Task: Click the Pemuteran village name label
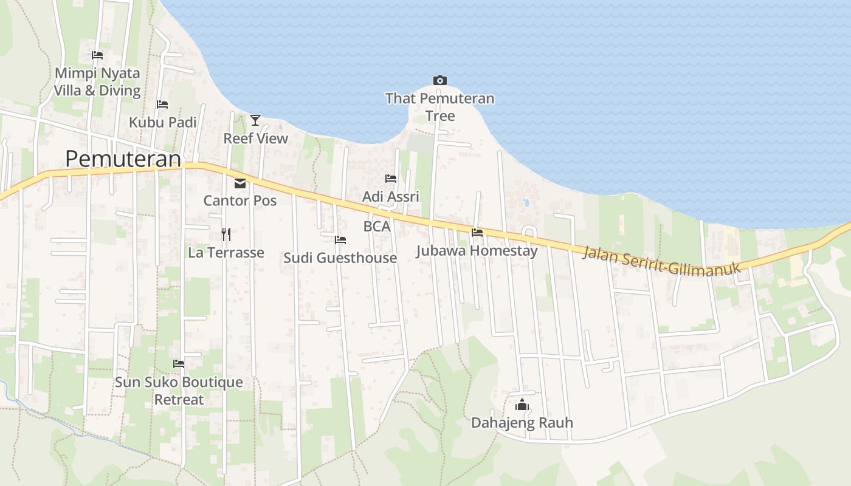click(x=123, y=159)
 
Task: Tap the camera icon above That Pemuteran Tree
click(x=440, y=80)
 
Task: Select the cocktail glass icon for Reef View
click(x=255, y=120)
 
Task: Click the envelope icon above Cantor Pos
click(x=240, y=183)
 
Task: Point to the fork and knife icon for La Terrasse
click(x=226, y=234)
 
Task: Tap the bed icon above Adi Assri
click(x=391, y=179)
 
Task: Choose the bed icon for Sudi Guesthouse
click(x=340, y=240)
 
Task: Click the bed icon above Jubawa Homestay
click(x=477, y=232)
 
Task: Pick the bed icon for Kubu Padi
click(x=162, y=104)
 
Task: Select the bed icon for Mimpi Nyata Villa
click(x=97, y=55)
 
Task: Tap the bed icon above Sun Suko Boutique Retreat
click(x=179, y=364)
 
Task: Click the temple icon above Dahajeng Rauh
click(x=522, y=405)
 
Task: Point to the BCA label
click(x=377, y=227)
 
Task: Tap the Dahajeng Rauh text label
click(x=522, y=423)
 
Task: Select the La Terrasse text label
click(x=226, y=253)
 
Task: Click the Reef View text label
click(x=255, y=139)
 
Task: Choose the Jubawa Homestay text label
click(x=477, y=251)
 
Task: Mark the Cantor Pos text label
click(x=240, y=200)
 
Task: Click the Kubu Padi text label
click(x=162, y=123)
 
